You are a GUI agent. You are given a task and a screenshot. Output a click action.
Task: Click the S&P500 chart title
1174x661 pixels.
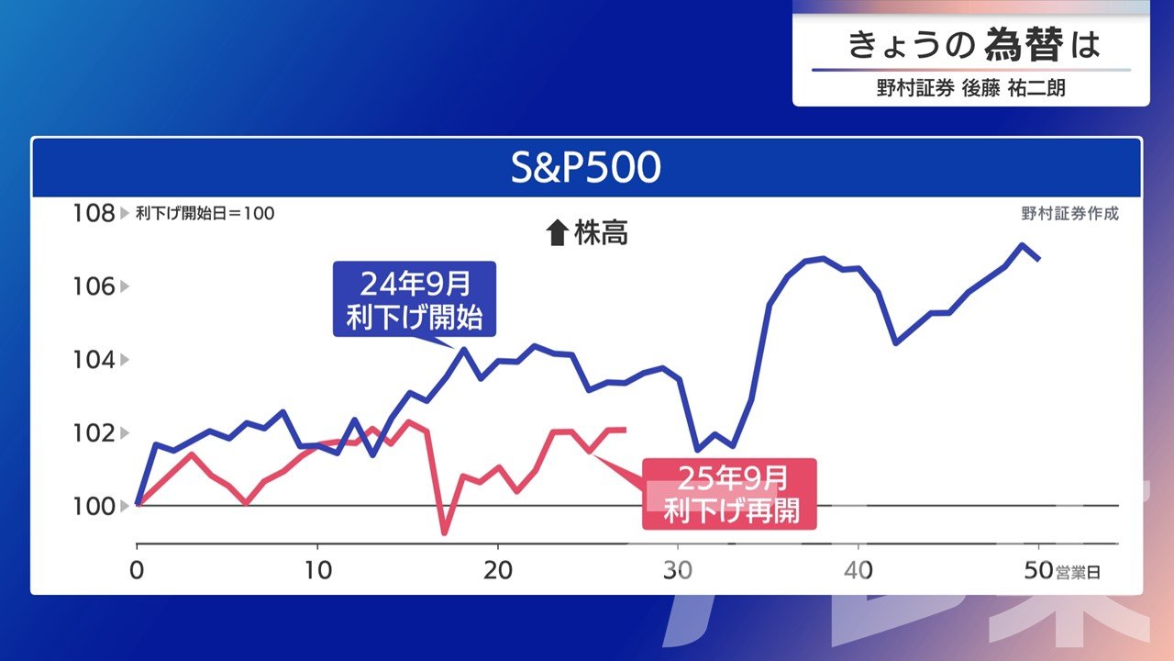point(585,167)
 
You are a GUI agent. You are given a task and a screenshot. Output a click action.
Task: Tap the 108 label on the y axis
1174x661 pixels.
point(94,213)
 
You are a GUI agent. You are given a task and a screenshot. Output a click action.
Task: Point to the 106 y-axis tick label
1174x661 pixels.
point(94,286)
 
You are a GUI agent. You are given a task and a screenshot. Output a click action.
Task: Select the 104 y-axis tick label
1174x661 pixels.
point(94,360)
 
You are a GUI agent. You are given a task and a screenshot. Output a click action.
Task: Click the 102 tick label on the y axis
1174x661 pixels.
point(94,433)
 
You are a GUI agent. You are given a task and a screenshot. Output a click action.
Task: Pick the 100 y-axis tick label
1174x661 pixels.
point(94,506)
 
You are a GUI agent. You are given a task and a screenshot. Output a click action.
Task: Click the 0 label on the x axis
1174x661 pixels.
point(137,570)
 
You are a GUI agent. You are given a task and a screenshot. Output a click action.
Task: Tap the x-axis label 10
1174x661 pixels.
point(317,570)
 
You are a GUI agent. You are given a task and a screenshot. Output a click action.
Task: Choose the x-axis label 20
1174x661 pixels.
point(498,570)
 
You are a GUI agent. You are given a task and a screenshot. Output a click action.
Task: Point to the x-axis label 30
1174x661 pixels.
point(678,570)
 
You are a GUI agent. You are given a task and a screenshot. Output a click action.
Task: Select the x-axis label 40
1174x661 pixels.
point(858,570)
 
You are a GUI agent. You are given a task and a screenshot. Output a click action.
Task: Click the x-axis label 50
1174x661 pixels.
point(1039,570)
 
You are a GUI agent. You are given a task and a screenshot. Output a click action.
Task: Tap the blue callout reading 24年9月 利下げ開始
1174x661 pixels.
point(415,299)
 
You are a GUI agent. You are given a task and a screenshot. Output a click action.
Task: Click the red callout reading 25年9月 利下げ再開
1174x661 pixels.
point(729,494)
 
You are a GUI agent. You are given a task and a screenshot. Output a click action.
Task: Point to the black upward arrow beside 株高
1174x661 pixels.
point(557,232)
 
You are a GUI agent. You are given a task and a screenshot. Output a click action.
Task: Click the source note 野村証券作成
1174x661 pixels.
point(1069,214)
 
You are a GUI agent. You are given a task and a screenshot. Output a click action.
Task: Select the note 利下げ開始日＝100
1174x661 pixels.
point(205,214)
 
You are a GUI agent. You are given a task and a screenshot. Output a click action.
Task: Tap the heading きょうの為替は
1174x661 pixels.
point(974,45)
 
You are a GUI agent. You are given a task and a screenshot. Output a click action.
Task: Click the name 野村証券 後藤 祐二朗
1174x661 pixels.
point(970,87)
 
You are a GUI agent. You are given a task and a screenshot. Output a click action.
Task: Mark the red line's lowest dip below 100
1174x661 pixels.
point(445,533)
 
